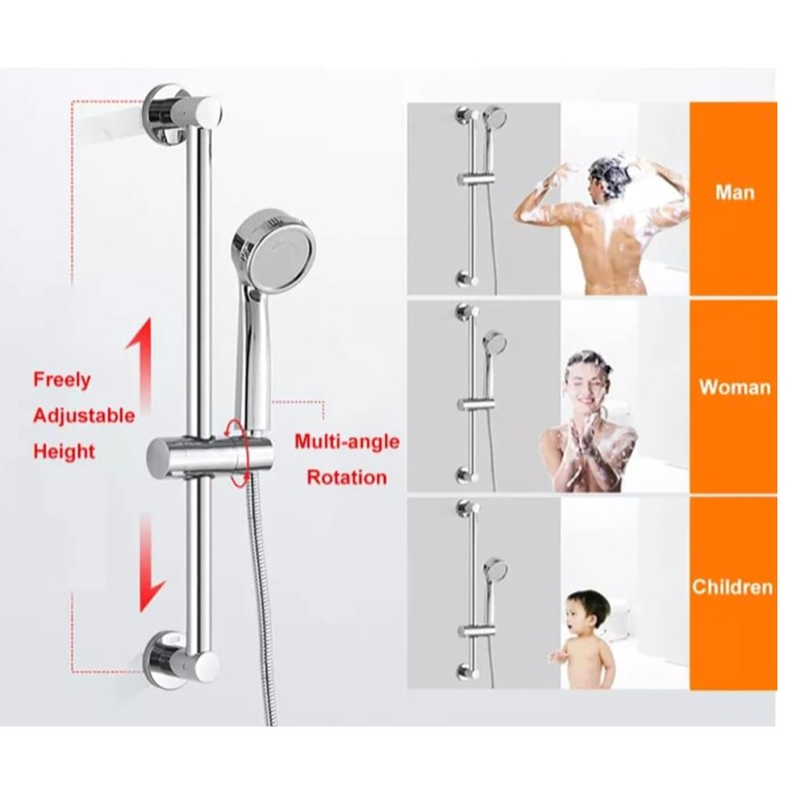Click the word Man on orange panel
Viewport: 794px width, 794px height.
click(x=733, y=191)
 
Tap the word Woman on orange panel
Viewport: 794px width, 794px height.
click(x=733, y=386)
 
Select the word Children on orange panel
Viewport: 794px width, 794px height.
click(x=732, y=587)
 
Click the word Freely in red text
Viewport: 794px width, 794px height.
click(x=62, y=379)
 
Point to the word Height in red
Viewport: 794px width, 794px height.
click(x=65, y=452)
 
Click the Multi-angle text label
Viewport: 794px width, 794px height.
click(x=346, y=441)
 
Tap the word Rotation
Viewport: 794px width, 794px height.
click(x=346, y=477)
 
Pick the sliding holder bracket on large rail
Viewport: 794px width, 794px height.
click(x=194, y=458)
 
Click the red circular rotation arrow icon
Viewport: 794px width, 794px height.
click(x=237, y=453)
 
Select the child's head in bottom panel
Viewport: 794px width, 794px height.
click(x=591, y=613)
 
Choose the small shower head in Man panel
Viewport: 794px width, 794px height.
click(x=495, y=119)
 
